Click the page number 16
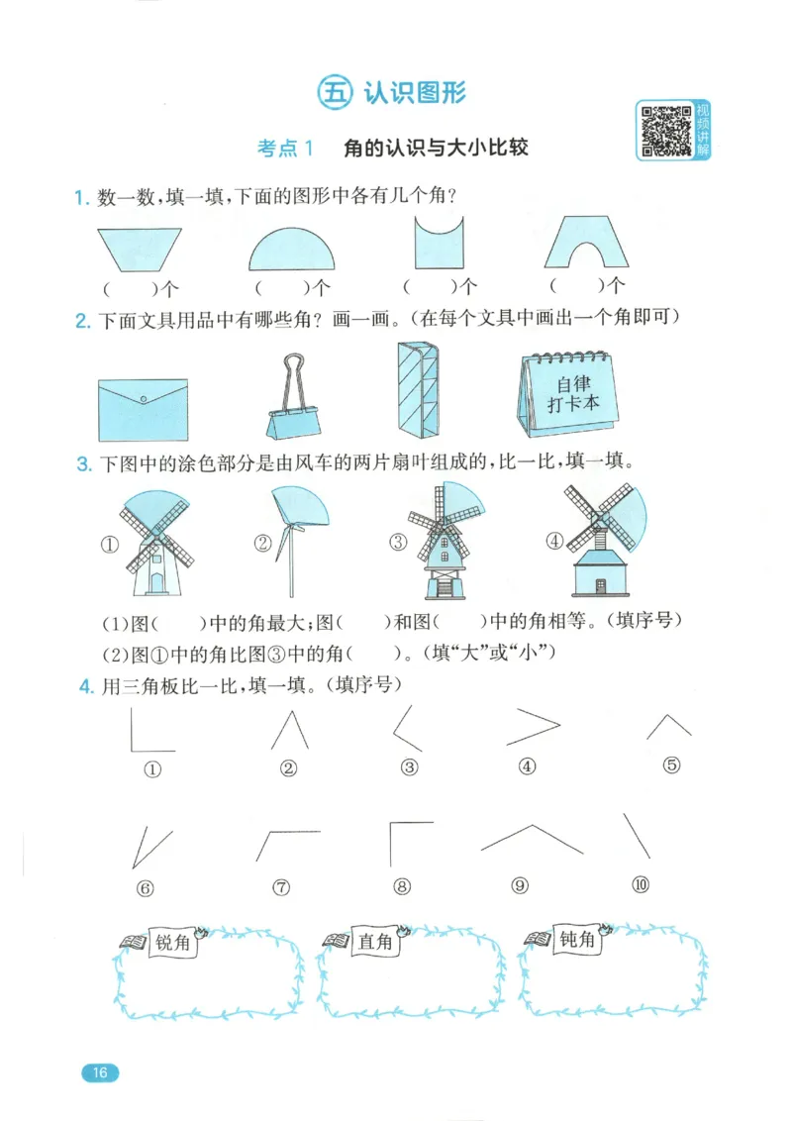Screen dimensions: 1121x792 tap(99, 1072)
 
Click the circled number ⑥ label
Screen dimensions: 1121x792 tap(147, 887)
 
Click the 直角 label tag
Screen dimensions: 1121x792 tap(375, 942)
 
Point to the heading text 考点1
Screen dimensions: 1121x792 tap(285, 149)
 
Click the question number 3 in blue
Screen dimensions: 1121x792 tap(83, 463)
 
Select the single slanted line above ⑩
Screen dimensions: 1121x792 tap(637, 836)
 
